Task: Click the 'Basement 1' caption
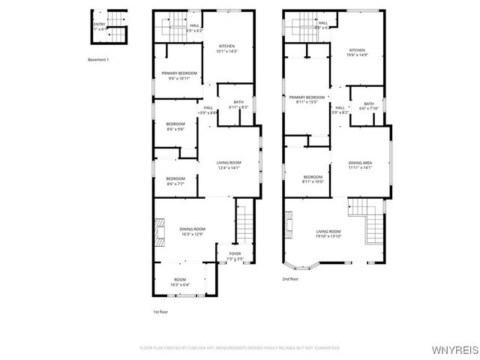click(98, 59)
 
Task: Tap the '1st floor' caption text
click(160, 310)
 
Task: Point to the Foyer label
click(235, 256)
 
